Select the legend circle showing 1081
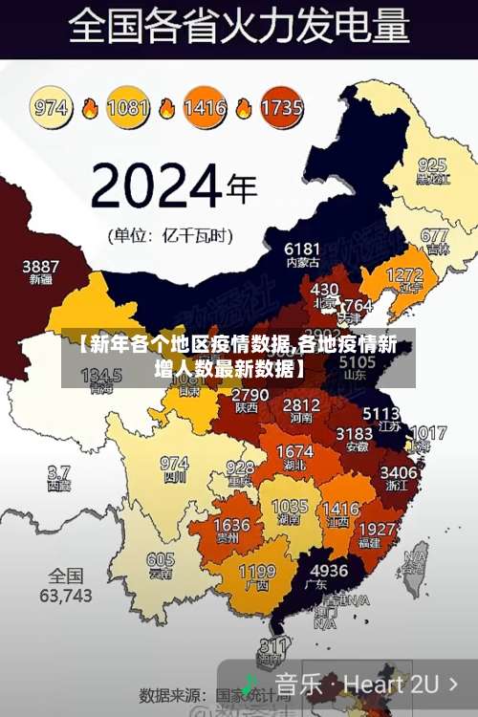click(128, 106)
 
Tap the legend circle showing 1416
click(205, 106)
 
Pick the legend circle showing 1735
click(281, 106)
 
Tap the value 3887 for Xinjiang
click(41, 266)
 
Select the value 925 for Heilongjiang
click(431, 164)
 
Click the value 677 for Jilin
click(434, 235)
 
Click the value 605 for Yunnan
click(160, 560)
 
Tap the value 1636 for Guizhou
click(231, 525)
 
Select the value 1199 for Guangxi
click(256, 571)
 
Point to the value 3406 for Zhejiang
click(399, 472)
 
